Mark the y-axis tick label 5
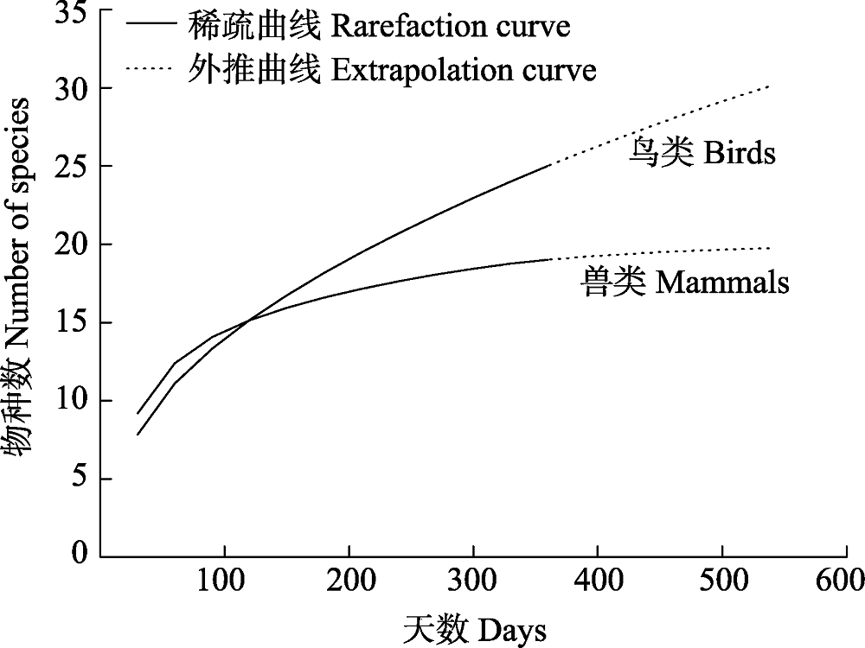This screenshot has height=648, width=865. [x=79, y=479]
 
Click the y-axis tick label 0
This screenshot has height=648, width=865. [x=79, y=553]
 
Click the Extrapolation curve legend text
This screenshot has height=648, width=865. [x=391, y=69]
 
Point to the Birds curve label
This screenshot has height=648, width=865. [x=701, y=154]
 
